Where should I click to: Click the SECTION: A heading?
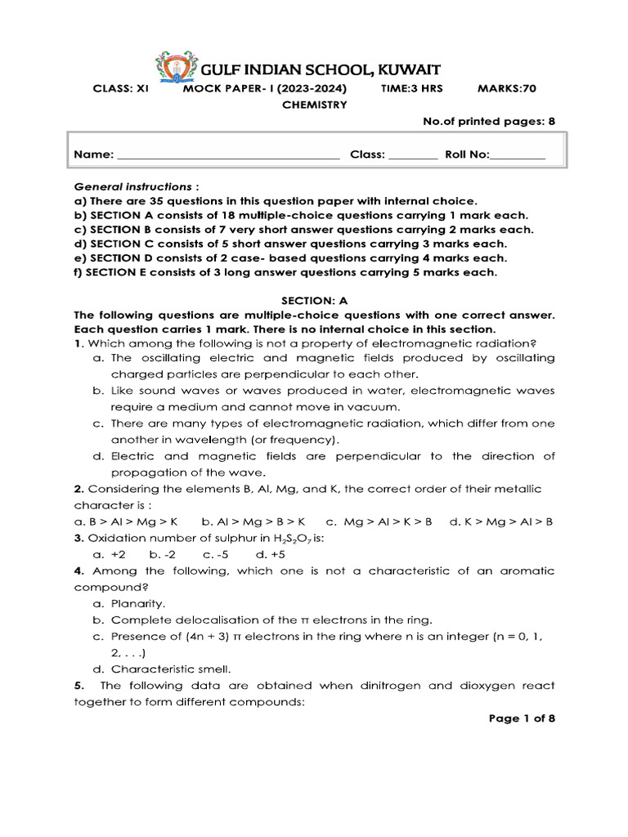pyautogui.click(x=314, y=301)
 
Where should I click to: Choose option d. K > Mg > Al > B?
pyautogui.click(x=501, y=521)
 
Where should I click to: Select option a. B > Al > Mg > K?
pyautogui.click(x=125, y=521)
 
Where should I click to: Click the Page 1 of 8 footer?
pyautogui.click(x=522, y=718)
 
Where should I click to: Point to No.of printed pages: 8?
pyautogui.click(x=488, y=121)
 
